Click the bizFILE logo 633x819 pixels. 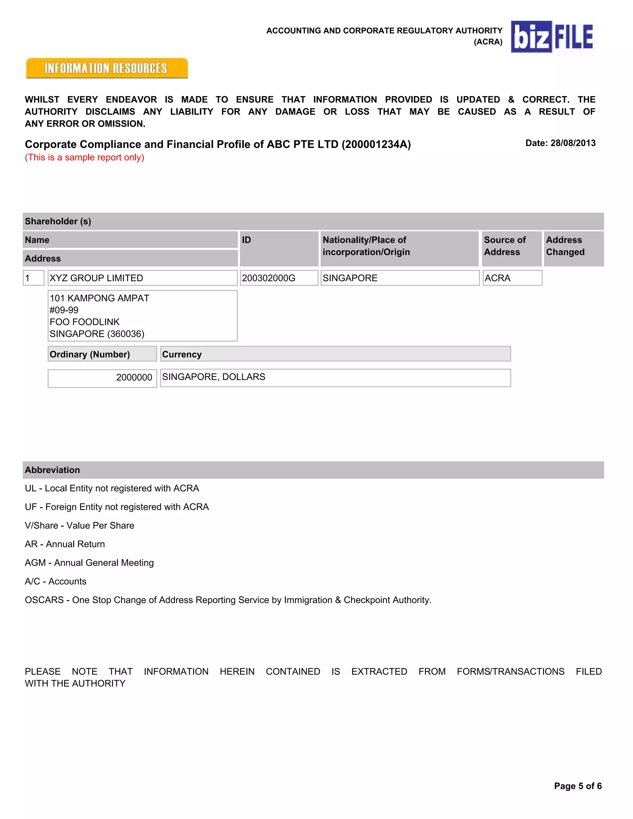[x=552, y=37]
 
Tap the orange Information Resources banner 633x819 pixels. [x=107, y=68]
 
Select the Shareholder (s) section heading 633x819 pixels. [x=58, y=221]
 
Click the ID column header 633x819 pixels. [x=246, y=240]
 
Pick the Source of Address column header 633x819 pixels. [x=504, y=246]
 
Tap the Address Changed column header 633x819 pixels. [x=565, y=246]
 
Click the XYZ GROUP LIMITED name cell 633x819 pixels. [x=96, y=278]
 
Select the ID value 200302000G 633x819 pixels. [x=269, y=278]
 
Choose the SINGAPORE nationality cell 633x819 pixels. [x=350, y=278]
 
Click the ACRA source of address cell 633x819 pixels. [x=497, y=278]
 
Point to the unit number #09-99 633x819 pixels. [x=64, y=310]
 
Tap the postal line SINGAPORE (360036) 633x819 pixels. [x=97, y=334]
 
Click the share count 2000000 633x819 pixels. [x=134, y=377]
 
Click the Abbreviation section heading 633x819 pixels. [x=52, y=470]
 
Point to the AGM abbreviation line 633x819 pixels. [x=89, y=562]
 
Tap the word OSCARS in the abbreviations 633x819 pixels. [x=44, y=600]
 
